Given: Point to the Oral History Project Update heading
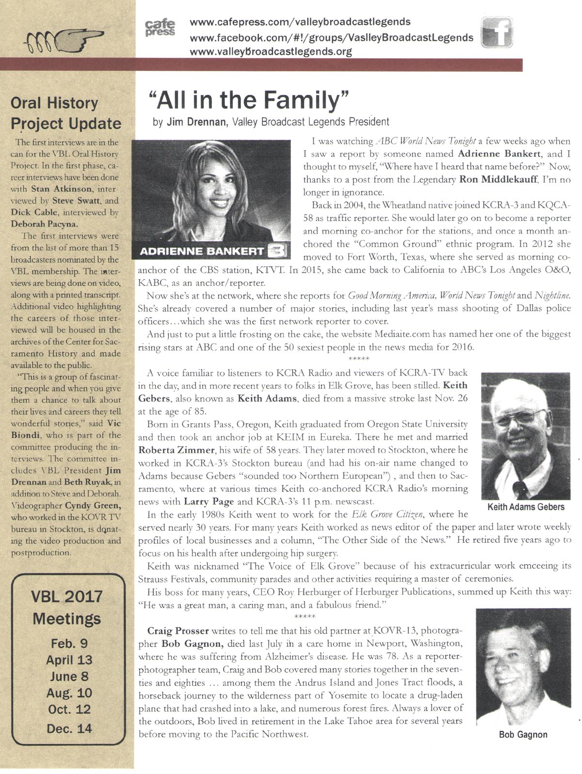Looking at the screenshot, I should pos(66,113).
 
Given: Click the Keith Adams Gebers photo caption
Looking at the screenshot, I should pos(525,507).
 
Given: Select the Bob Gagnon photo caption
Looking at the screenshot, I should pos(523,734).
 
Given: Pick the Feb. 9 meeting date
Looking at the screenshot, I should pos(69,644).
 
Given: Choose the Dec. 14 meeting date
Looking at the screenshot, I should pos(69,728).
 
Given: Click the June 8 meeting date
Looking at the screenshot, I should pos(69,677).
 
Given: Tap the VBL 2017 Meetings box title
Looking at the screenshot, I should pos(67,607).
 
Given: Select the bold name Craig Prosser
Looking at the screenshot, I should pos(178,631).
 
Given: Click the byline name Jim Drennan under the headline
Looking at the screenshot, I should pos(196,122).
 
